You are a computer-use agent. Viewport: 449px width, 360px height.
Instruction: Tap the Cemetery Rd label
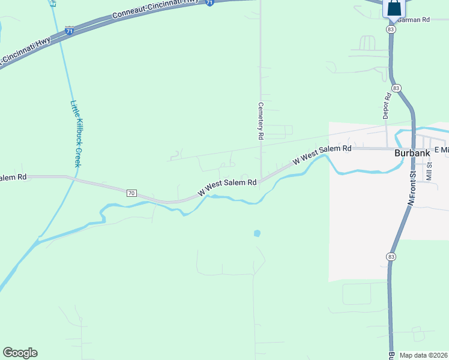click(261, 120)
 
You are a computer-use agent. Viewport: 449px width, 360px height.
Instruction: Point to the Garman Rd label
click(414, 20)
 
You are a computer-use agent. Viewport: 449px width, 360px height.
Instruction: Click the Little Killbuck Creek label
click(76, 133)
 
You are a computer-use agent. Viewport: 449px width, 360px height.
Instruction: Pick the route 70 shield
click(131, 193)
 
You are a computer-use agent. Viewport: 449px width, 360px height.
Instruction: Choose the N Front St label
click(412, 190)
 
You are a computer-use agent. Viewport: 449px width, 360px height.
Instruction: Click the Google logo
click(20, 353)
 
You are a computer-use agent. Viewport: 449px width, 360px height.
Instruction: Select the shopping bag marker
click(394, 8)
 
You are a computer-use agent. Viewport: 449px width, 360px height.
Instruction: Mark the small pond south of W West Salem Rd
click(257, 233)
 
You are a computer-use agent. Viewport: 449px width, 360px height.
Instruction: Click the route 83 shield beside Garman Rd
click(391, 29)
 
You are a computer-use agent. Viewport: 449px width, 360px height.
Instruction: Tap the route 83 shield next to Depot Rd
click(397, 88)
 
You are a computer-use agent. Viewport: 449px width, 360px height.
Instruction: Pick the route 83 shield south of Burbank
click(391, 256)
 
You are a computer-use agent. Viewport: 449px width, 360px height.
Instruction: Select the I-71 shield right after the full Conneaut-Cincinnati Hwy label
click(209, 2)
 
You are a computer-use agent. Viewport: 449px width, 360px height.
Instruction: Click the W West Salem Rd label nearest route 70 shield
click(228, 187)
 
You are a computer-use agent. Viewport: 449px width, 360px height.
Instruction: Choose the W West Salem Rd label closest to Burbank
click(322, 154)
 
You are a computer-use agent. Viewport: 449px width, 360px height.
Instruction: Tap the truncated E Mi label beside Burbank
click(441, 149)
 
